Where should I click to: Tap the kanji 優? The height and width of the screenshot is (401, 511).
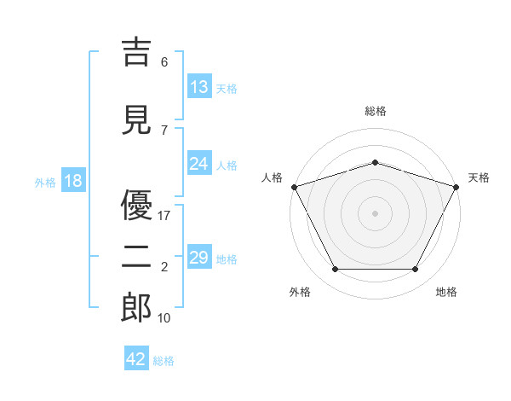point(136,205)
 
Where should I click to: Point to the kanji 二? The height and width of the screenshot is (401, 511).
point(136,257)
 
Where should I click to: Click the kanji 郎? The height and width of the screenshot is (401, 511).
point(136,307)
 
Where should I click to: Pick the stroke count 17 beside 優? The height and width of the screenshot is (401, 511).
point(164,216)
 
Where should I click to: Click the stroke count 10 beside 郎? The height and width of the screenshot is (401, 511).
point(164,317)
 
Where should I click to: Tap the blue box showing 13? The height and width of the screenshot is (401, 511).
point(199,86)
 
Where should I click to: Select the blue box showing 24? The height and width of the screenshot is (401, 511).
point(199,163)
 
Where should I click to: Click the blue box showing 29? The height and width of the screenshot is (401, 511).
point(199,256)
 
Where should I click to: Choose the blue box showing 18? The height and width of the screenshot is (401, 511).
point(73,180)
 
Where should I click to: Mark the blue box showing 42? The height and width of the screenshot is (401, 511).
point(136,357)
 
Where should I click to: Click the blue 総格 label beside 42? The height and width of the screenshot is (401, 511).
point(164,361)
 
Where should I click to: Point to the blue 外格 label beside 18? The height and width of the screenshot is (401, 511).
point(45,183)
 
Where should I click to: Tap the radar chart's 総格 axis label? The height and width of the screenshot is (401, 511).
point(376,111)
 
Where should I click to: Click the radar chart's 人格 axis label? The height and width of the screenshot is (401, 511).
point(272,177)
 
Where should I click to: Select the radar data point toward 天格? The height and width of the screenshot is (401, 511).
point(456,187)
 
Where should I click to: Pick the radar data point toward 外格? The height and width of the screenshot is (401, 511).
point(336,269)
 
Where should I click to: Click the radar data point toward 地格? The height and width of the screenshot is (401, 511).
point(416,269)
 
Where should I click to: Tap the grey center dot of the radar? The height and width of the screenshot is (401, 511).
point(375,213)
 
